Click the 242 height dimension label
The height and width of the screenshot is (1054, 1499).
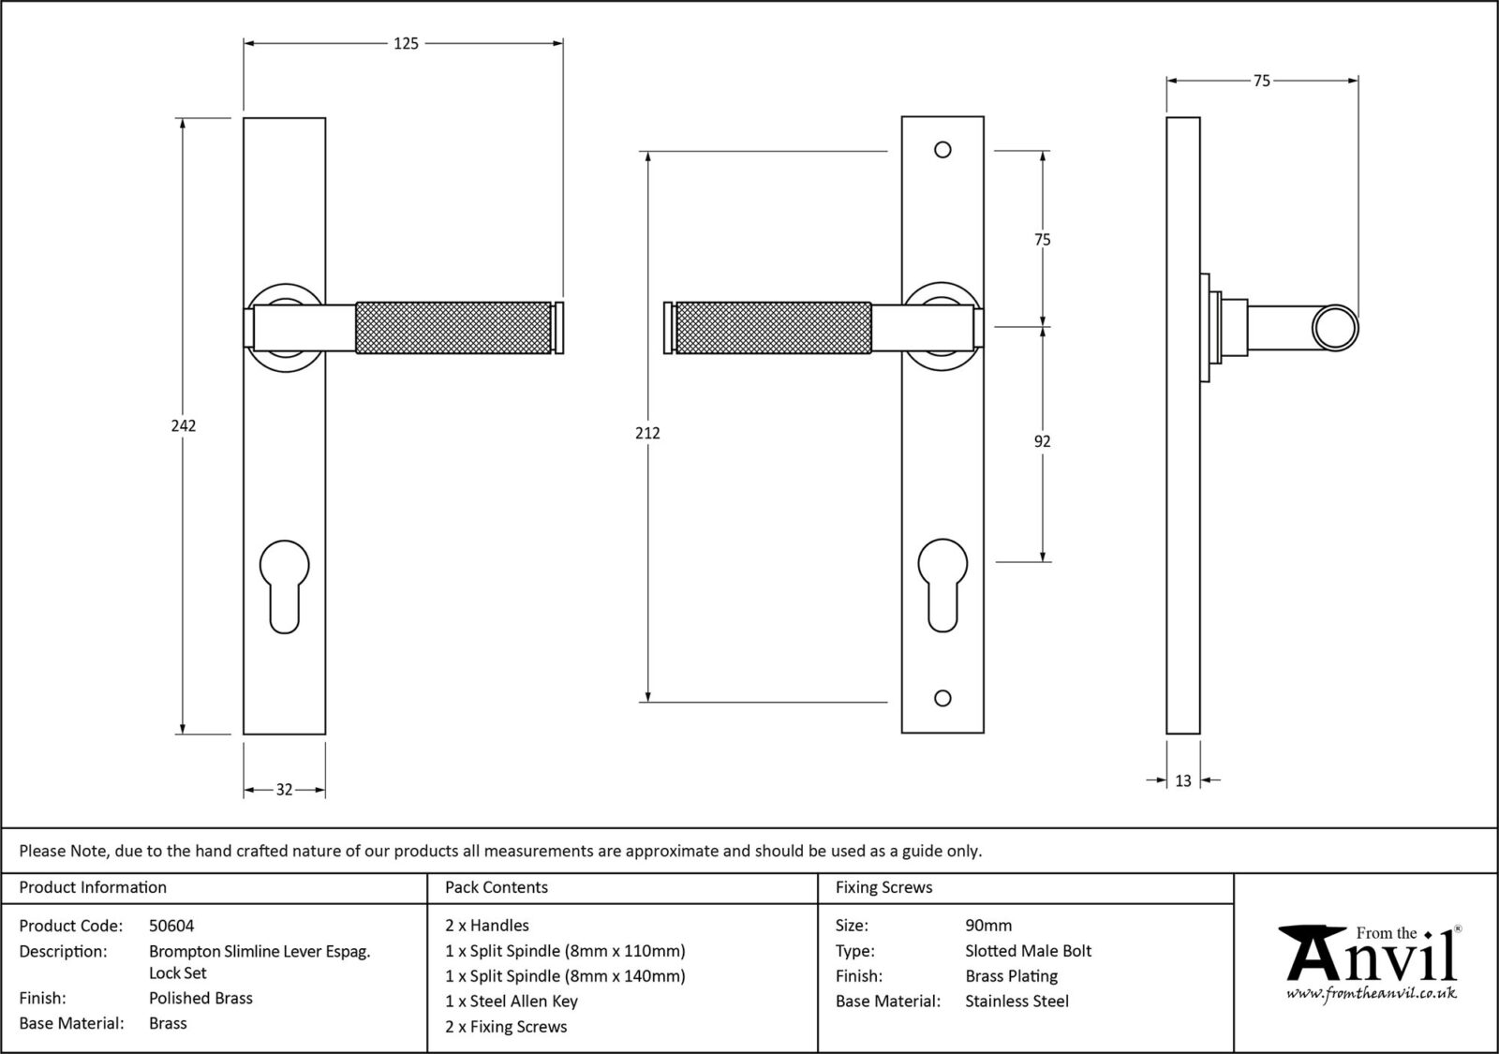pos(184,425)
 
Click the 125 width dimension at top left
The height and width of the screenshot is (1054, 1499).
pos(406,43)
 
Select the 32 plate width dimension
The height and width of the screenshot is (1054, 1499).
pos(284,790)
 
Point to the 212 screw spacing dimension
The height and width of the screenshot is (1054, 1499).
pos(647,433)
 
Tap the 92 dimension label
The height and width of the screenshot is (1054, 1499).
pos(1042,441)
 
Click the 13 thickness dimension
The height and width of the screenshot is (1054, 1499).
pos(1182,780)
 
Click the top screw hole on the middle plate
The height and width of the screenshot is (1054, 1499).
pos(942,150)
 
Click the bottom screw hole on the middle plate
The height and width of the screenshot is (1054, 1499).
pos(942,698)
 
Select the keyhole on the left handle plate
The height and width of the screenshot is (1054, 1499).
pos(284,582)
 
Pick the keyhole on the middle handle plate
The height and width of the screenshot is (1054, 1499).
pos(942,582)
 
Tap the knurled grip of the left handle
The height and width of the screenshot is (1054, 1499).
pos(453,328)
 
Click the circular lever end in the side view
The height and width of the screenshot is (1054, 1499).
pos(1334,329)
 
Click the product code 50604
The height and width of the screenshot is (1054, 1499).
pos(171,926)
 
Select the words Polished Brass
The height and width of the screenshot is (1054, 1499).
pos(200,998)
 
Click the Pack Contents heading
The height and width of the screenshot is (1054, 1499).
pos(497,887)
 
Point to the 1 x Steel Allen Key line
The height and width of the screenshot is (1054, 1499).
pos(512,1001)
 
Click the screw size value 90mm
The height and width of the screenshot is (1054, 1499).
pos(988,926)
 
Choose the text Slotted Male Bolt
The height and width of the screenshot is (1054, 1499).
pos(1028,951)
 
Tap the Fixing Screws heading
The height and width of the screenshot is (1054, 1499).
pos(883,887)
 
